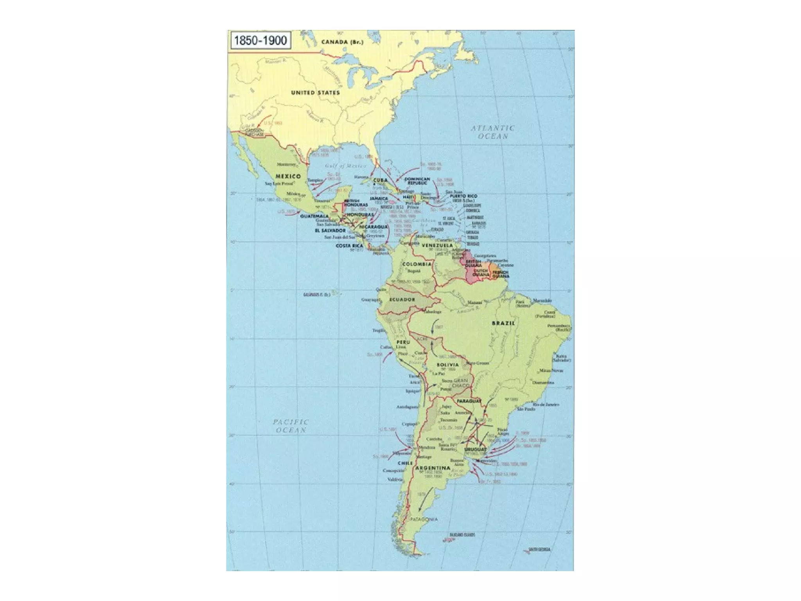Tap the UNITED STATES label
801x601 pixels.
click(315, 93)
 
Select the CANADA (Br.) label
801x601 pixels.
click(342, 42)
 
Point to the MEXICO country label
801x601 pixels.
click(288, 176)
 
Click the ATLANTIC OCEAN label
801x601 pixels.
click(492, 132)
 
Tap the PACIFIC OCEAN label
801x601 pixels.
click(291, 426)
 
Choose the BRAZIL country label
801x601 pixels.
click(503, 323)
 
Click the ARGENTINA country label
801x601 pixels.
click(433, 468)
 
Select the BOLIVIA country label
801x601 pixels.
click(448, 365)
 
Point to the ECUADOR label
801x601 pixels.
click(402, 299)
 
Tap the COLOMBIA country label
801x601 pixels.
click(417, 264)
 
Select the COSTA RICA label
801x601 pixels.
click(349, 246)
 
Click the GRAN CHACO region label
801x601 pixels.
click(460, 383)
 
